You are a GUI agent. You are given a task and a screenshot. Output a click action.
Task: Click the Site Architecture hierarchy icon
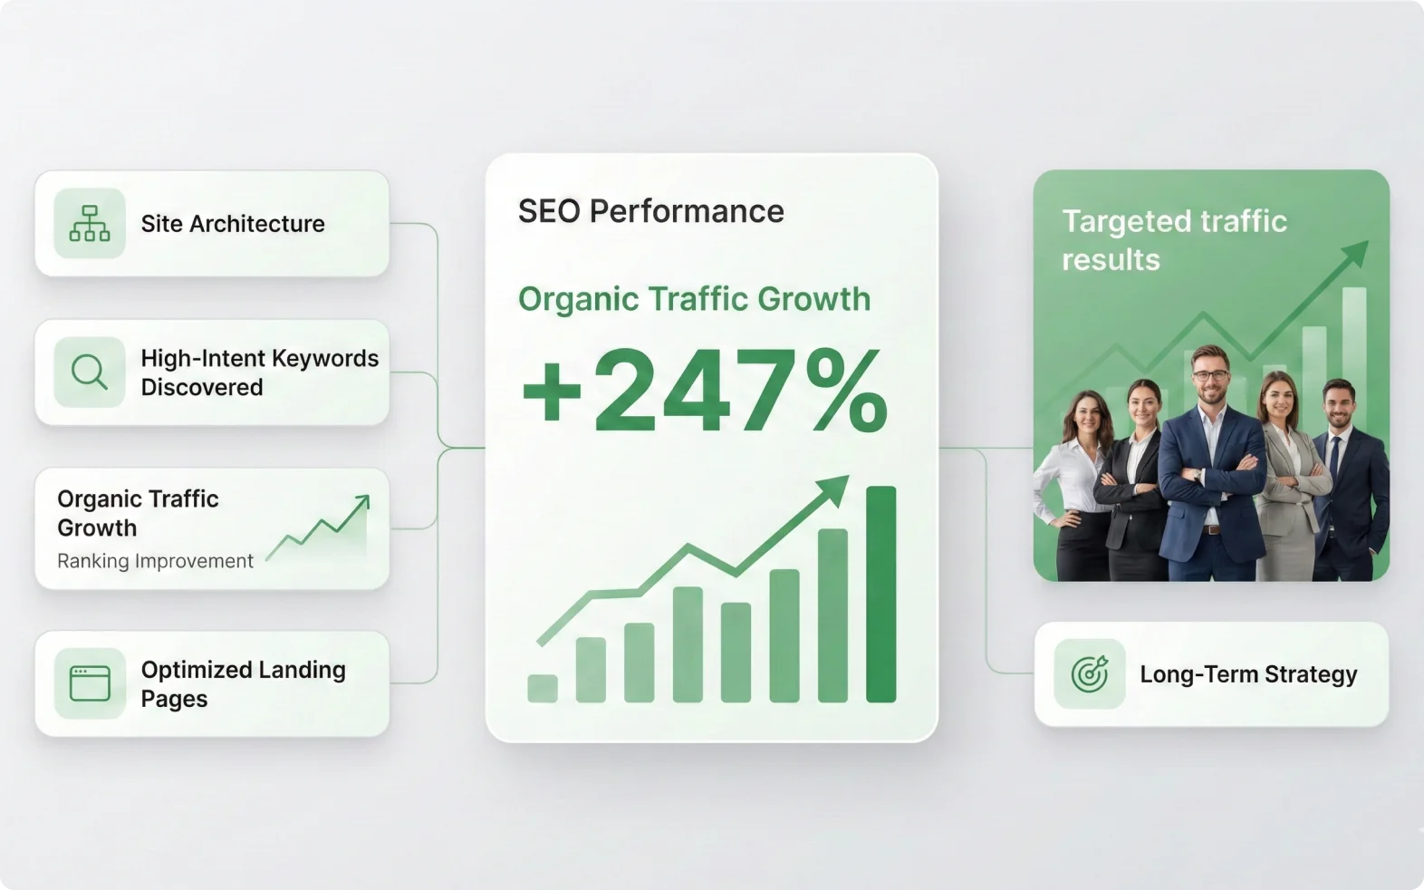click(90, 223)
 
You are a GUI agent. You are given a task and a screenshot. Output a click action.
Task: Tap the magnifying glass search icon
click(90, 372)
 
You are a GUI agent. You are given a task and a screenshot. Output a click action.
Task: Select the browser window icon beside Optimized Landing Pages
click(90, 683)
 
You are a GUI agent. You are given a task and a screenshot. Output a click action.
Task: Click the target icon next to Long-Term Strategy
click(1090, 674)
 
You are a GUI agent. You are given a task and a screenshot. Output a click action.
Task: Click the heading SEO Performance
click(650, 211)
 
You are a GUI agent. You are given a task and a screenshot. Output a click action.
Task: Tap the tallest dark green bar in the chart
click(880, 595)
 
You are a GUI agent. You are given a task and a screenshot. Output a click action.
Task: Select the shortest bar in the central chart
click(543, 688)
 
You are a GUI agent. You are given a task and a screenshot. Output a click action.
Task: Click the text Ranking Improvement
click(155, 561)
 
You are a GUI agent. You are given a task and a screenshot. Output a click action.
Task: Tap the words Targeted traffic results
click(1174, 240)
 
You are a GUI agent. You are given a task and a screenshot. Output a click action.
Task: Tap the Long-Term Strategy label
click(1248, 674)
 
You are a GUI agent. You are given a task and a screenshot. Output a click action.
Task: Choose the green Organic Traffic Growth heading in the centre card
click(694, 299)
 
